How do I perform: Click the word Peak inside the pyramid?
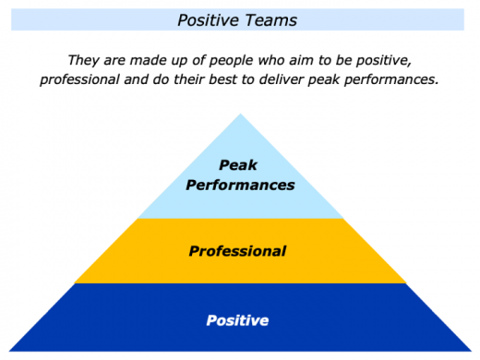click(239, 166)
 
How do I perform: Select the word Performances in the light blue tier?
click(240, 185)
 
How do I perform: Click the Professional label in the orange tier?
click(238, 250)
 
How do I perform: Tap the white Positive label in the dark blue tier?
click(238, 321)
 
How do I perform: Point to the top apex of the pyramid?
click(240, 114)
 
